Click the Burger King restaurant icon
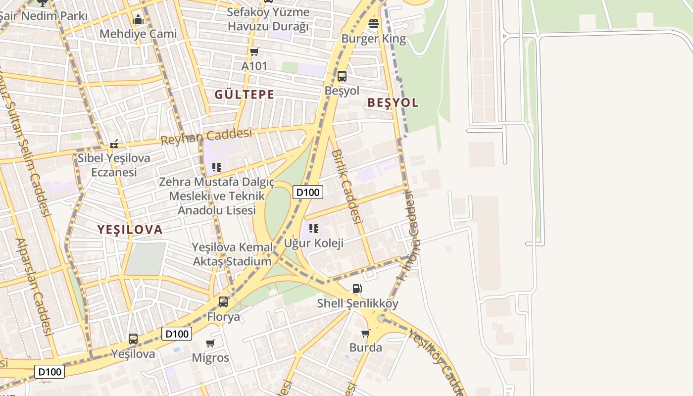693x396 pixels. pos(374,23)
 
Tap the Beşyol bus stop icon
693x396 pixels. pos(342,76)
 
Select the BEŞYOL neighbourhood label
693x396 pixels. pos(393,103)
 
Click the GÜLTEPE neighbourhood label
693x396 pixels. pos(245,95)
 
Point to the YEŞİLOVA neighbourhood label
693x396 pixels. pos(130,230)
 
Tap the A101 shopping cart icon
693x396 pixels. pos(254,51)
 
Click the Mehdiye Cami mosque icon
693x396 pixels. pos(138,20)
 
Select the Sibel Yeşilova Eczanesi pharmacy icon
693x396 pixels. pos(114,145)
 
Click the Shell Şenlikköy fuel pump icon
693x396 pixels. pos(357,289)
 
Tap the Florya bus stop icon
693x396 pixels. pos(223,301)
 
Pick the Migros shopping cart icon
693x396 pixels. pos(210,343)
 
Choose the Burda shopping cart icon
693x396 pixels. pos(366,333)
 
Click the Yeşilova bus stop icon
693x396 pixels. pos(133,339)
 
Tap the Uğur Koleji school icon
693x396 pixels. pos(313,229)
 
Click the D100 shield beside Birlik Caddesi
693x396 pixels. pos(308,192)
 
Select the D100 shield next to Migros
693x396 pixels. pos(177,334)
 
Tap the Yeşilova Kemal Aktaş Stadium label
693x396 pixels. pos(232,254)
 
